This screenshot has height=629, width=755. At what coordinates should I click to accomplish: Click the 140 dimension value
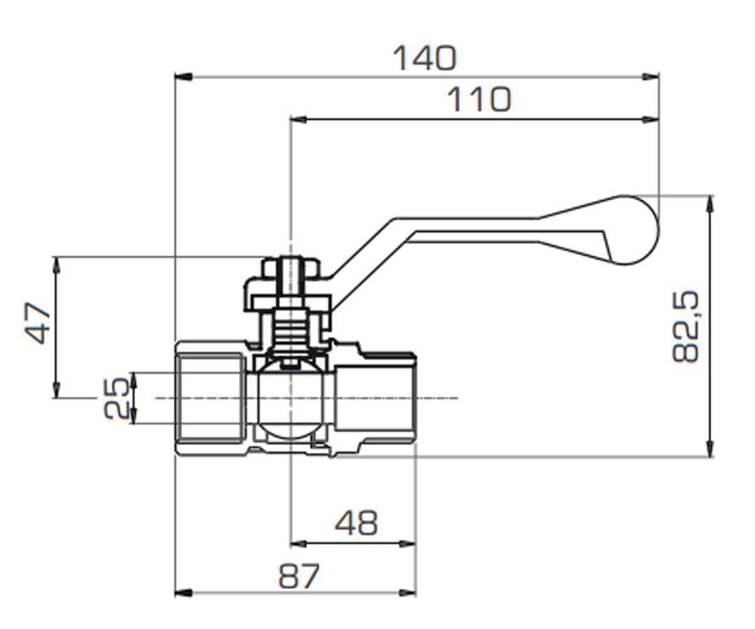425,58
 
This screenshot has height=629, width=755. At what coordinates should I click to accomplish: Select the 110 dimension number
479,99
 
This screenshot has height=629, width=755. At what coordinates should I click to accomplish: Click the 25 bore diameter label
116,398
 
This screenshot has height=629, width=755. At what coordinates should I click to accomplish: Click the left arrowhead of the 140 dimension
183,77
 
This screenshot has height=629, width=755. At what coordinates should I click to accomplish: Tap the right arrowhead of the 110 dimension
650,120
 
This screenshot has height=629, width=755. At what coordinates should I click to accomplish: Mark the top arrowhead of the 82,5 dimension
710,204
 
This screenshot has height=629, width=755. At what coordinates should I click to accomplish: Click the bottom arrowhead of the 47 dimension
56,390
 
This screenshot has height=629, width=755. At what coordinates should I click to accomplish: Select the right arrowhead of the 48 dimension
408,543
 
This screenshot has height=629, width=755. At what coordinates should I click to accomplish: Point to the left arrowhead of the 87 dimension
183,593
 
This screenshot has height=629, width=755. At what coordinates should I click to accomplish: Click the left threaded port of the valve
209,398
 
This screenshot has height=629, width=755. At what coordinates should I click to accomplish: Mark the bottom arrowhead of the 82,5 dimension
710,449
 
